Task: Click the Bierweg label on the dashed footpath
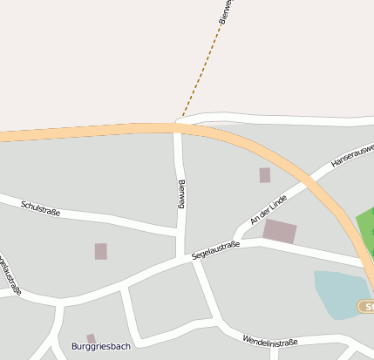224,12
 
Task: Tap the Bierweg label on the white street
181,194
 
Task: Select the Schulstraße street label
40,207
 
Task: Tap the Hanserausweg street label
351,154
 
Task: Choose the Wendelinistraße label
270,340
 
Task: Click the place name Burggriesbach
102,347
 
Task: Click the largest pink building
280,231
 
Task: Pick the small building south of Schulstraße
101,251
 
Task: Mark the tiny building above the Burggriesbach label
91,338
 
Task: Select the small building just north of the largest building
265,175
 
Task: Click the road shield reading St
367,307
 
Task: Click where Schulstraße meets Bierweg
179,232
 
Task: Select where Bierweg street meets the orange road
178,128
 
